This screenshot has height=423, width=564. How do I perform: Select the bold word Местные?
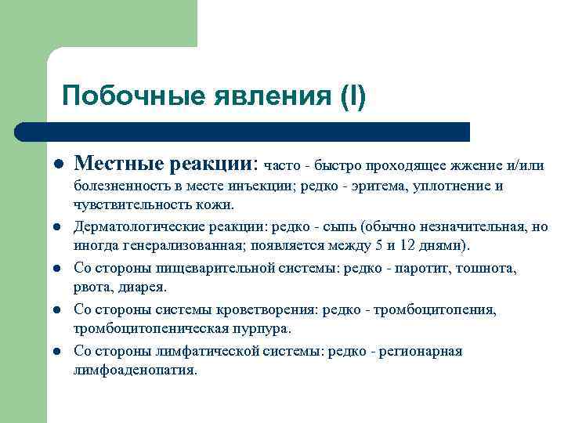tap(117, 164)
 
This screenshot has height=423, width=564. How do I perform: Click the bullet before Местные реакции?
tap(57, 164)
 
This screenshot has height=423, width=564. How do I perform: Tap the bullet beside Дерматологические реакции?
tap(57, 228)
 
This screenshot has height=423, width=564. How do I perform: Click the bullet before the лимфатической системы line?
tap(57, 351)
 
